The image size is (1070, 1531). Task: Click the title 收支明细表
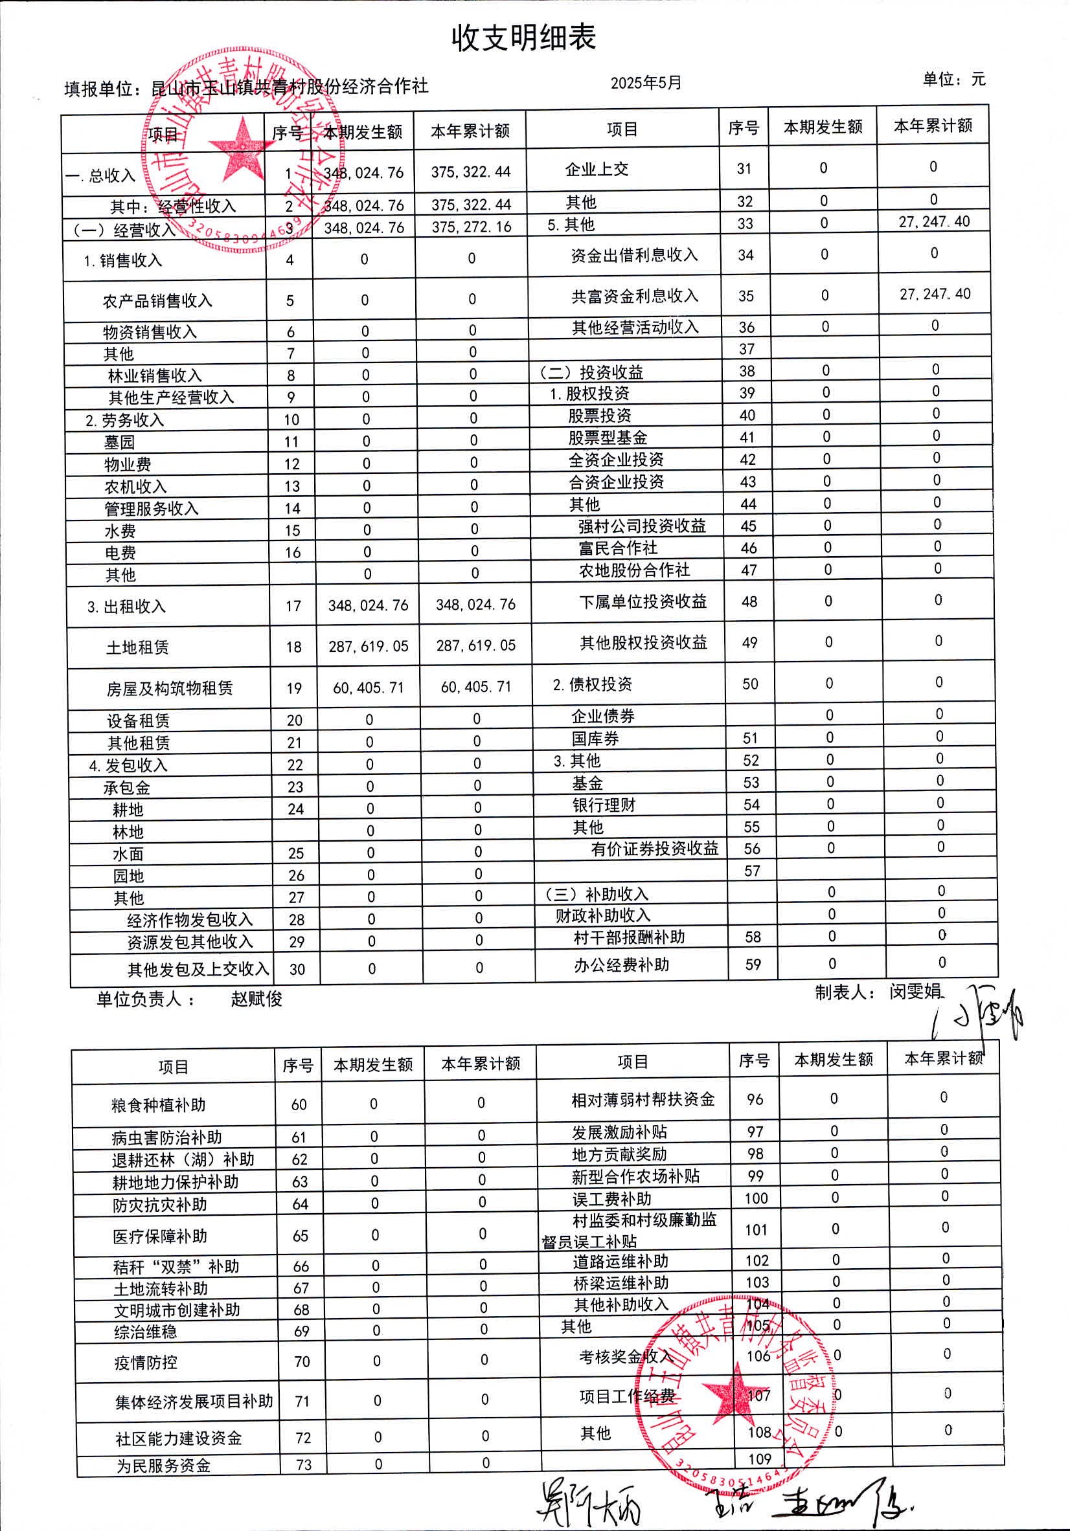tap(523, 38)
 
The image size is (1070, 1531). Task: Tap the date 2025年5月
tap(646, 83)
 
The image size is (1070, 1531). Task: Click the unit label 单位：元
tap(953, 80)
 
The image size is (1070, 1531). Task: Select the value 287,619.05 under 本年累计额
tap(475, 645)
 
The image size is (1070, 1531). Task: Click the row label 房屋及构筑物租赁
tap(170, 688)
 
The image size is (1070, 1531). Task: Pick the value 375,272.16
tap(471, 227)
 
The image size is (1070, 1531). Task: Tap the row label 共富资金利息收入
tap(633, 296)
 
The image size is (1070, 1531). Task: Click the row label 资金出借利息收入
tap(633, 254)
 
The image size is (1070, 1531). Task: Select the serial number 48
tap(749, 601)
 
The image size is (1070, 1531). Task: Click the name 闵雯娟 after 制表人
tap(915, 992)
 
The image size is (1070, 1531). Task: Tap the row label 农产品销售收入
tap(157, 302)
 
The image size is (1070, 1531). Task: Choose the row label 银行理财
tap(604, 805)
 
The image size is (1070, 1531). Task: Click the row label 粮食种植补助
tap(159, 1105)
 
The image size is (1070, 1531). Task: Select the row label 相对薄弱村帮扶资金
tap(643, 1100)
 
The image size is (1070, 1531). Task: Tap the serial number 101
tap(756, 1230)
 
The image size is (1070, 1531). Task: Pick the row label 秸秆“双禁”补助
tap(176, 1266)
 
